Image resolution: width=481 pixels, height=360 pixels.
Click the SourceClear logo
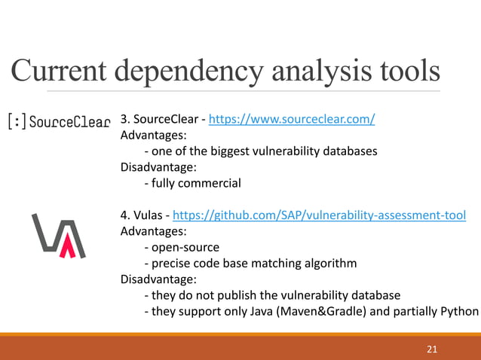pyautogui.click(x=59, y=121)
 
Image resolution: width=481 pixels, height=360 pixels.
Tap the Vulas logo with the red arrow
pyautogui.click(x=58, y=235)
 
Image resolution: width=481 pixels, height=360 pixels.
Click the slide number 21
pyautogui.click(x=432, y=349)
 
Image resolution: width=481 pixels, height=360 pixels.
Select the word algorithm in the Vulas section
pyautogui.click(x=329, y=263)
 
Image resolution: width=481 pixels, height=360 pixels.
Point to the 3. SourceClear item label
pyautogui.click(x=161, y=119)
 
